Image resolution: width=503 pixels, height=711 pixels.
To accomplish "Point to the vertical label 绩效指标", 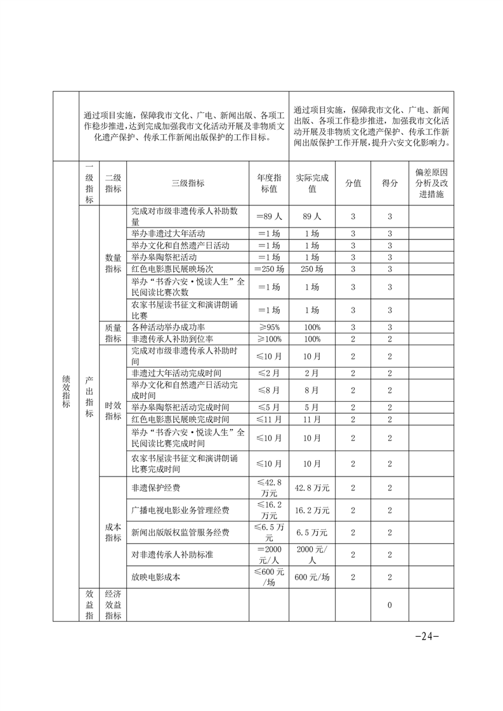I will tap(65, 391).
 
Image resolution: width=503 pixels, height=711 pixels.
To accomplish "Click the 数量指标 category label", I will tap(114, 264).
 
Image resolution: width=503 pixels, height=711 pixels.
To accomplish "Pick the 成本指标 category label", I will tap(114, 532).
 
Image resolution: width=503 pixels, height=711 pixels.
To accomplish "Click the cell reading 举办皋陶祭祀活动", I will tap(164, 257).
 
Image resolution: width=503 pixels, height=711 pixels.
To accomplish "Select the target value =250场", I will tap(269, 269).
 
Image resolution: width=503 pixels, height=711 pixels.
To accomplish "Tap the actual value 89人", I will tap(312, 216).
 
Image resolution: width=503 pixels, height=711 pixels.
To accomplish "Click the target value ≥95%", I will tap(269, 327).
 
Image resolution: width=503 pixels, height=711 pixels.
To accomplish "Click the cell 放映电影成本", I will tap(153, 577).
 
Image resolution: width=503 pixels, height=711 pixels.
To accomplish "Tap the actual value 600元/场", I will tap(312, 577).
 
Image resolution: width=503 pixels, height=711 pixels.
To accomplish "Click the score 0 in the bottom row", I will tap(389, 605).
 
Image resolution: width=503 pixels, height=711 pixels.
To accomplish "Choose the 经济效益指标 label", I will tap(114, 605).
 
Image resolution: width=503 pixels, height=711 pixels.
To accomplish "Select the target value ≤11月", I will tap(269, 420).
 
